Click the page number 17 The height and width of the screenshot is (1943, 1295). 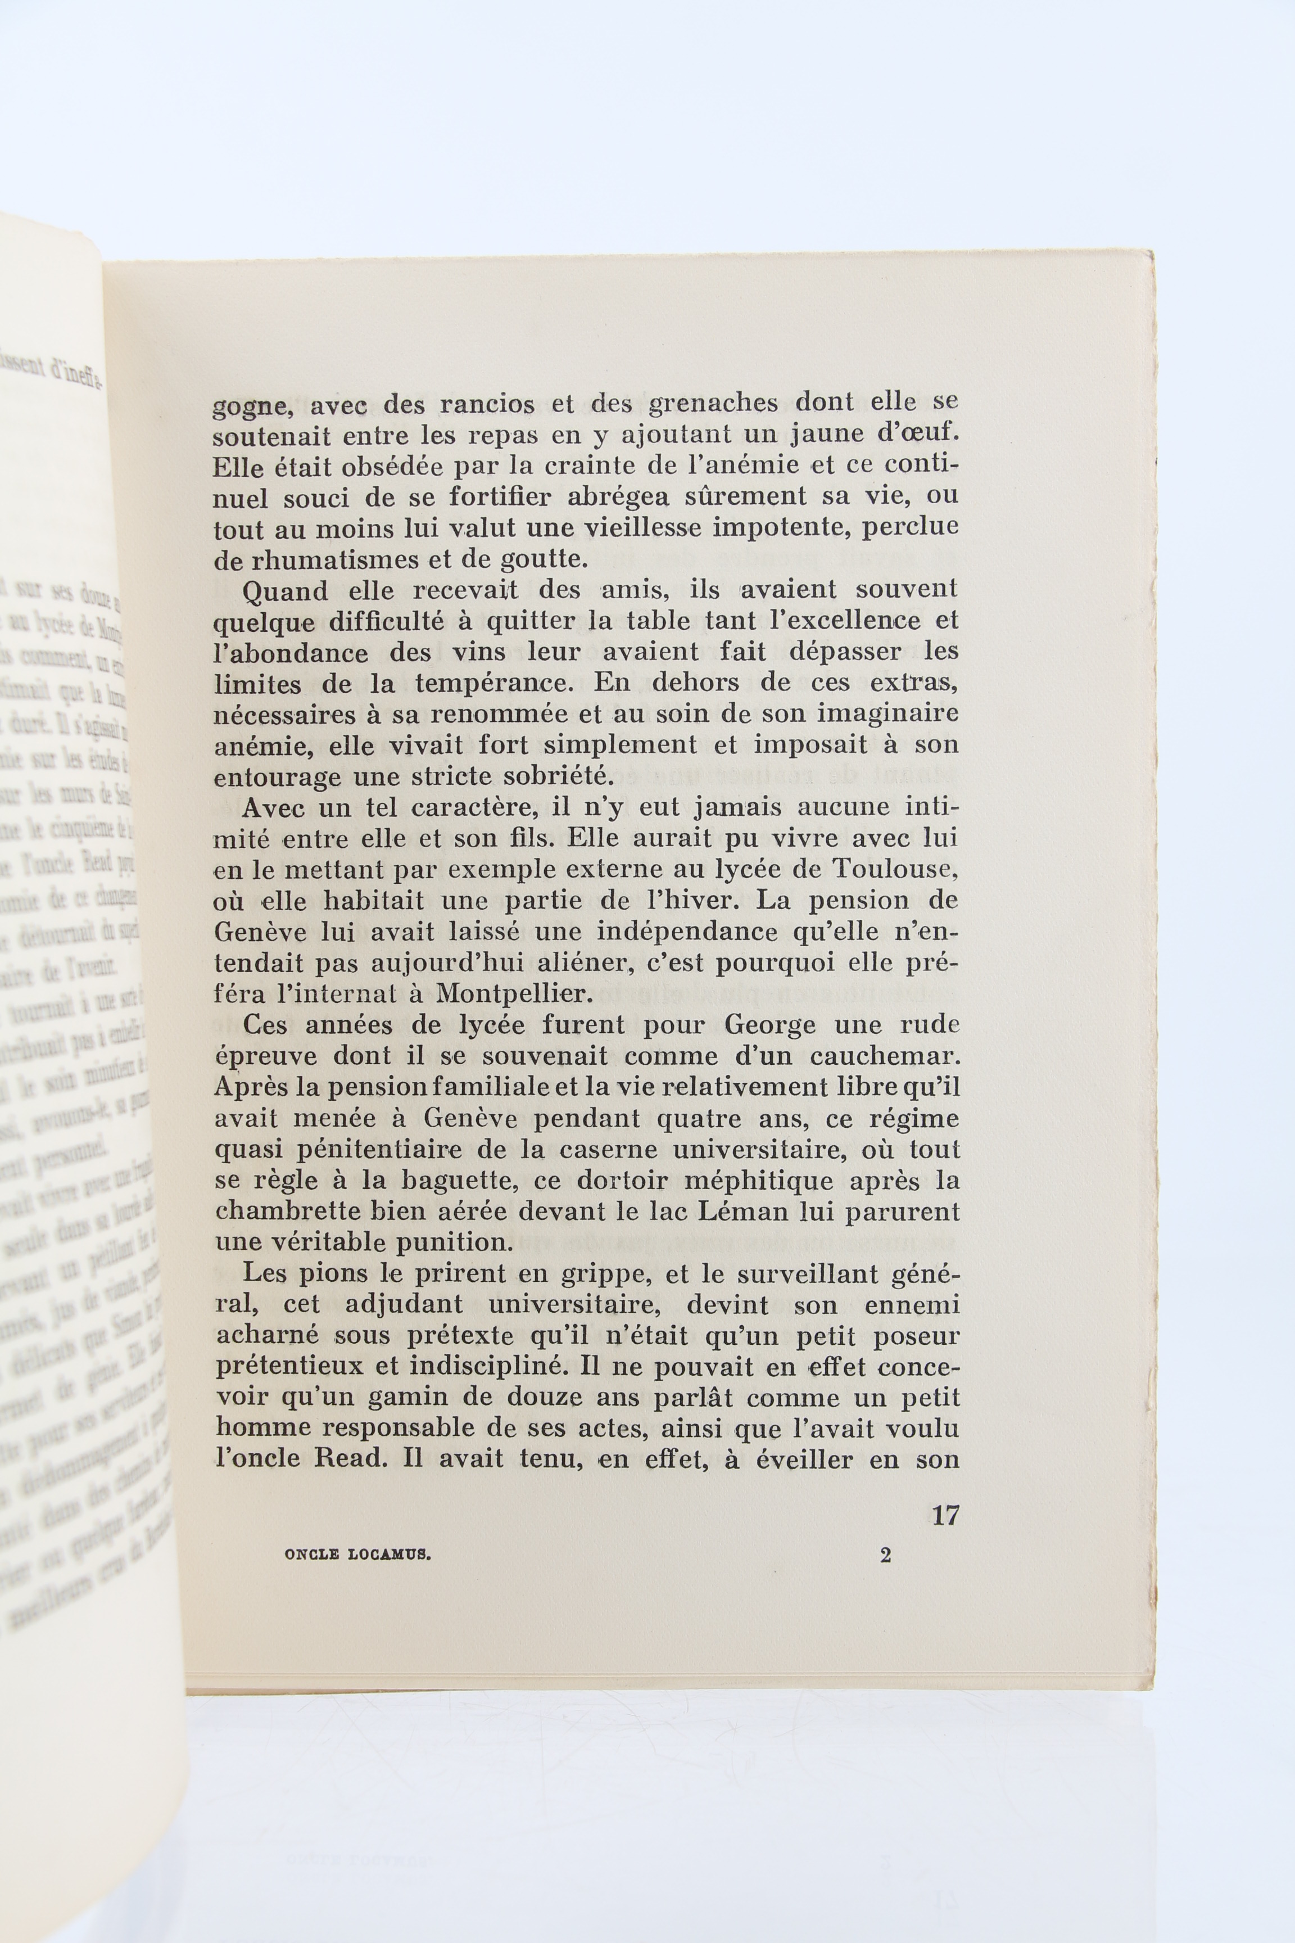[x=945, y=1515]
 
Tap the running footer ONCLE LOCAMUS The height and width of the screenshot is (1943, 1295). [x=359, y=1554]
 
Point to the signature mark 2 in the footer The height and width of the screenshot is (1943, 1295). [x=885, y=1555]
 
